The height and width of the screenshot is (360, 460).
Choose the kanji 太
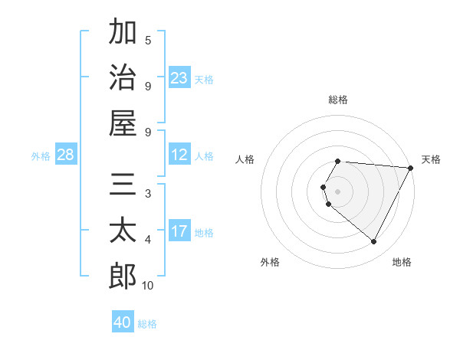click(x=123, y=230)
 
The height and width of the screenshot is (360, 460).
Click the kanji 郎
click(x=123, y=276)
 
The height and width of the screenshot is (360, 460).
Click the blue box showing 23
click(x=179, y=77)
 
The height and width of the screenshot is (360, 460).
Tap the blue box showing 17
click(x=179, y=231)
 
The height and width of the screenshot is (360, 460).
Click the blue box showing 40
click(x=123, y=322)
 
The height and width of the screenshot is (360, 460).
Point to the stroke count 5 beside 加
click(x=148, y=40)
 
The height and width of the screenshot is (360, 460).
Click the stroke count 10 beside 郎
click(x=148, y=286)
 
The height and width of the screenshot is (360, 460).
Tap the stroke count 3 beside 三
click(x=148, y=194)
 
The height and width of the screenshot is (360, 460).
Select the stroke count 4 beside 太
click(x=148, y=240)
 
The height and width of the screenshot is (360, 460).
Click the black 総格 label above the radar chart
click(x=338, y=100)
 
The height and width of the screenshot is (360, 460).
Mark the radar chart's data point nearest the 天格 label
click(x=411, y=168)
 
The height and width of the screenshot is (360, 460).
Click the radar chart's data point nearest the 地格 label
click(x=374, y=242)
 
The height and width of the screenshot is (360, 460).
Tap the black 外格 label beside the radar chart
click(x=270, y=262)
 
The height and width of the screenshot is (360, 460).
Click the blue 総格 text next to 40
click(x=147, y=324)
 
